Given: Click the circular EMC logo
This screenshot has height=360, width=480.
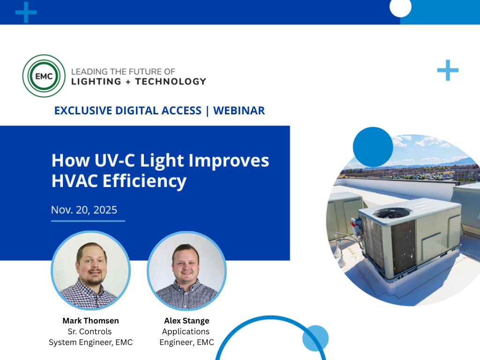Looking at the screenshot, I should coord(44,76).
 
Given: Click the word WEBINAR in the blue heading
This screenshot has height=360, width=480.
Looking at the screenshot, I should coord(239,111).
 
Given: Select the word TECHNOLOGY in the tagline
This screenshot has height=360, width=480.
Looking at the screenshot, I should coord(171,82).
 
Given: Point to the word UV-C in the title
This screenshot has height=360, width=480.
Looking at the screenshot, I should coord(112,161).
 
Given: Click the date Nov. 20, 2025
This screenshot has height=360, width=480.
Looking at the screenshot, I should coord(84,210).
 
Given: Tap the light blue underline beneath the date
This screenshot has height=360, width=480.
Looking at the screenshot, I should coord(88,220).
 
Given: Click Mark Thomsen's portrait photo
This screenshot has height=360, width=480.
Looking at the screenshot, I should coord(90,271).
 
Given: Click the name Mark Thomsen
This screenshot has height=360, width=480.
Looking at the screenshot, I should coord(90,321).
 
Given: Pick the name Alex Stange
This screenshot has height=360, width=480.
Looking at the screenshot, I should coord(187,321).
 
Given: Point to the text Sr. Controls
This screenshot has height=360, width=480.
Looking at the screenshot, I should coord(90,331).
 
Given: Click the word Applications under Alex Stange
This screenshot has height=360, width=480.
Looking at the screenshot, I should coord(186,331).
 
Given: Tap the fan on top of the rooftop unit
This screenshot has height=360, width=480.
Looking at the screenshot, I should coord(392,213).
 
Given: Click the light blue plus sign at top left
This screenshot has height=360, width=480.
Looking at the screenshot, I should coord(26,12).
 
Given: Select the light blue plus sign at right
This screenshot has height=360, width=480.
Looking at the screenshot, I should coord(448,70).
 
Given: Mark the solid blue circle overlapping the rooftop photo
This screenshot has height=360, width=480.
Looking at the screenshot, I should coord(373,147).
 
